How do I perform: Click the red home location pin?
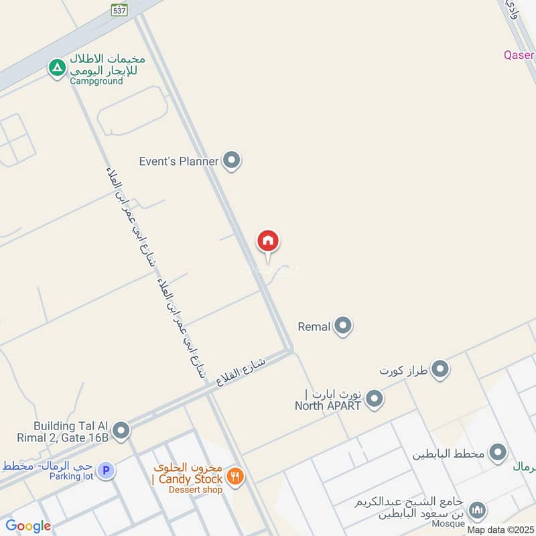click(268, 241)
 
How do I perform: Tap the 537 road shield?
click(120, 9)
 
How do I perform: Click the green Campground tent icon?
click(57, 67)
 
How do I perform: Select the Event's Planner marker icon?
click(232, 160)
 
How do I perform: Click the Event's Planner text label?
click(179, 161)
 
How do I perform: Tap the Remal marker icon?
click(343, 326)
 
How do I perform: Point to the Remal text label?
click(314, 327)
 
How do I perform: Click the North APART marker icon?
click(375, 399)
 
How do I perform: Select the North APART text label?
click(328, 405)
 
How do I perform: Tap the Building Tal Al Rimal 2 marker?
click(121, 431)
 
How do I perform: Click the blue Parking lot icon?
click(105, 471)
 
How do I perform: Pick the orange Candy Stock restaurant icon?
click(235, 477)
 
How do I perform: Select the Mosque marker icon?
click(477, 511)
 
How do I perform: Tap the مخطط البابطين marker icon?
click(498, 453)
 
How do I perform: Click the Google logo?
click(29, 526)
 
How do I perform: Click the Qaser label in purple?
click(519, 55)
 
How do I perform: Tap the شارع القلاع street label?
click(241, 371)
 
